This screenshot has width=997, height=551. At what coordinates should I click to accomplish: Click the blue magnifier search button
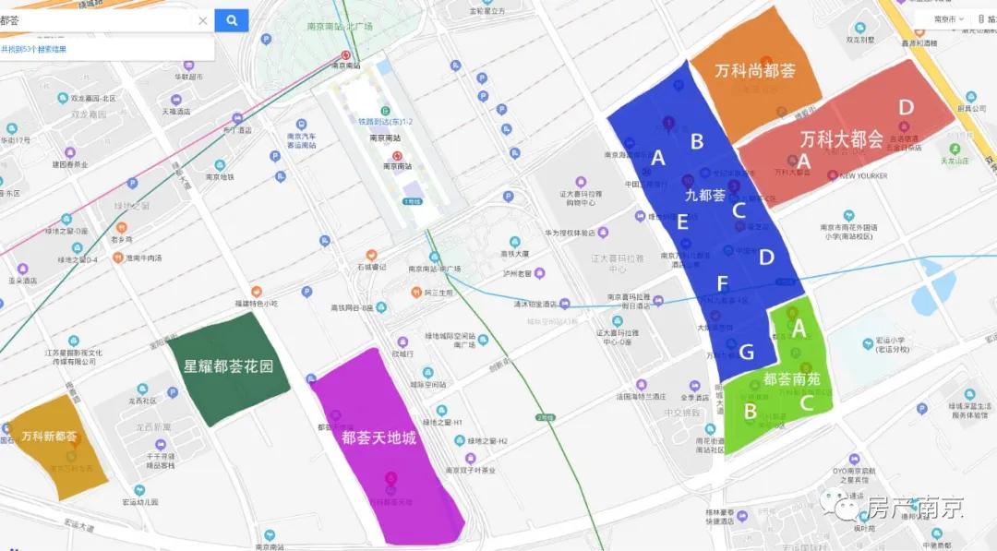(232, 20)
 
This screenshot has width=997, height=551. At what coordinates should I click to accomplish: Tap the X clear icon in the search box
(202, 20)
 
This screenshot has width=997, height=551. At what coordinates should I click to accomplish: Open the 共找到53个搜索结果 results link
(33, 49)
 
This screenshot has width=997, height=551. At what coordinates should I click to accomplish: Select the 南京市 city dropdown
(948, 18)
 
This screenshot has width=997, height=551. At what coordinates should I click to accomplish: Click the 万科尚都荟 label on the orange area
(754, 70)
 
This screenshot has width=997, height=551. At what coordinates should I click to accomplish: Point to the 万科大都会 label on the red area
(841, 139)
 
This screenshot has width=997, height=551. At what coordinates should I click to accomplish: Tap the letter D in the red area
(906, 108)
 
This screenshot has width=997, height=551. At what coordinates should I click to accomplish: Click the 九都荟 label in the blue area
(704, 195)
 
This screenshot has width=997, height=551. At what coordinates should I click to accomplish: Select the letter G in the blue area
(746, 352)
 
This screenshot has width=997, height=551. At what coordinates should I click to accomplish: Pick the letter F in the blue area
(722, 282)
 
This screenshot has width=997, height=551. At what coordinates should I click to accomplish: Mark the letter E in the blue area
(682, 222)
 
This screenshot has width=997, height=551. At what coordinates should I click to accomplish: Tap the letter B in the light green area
(751, 410)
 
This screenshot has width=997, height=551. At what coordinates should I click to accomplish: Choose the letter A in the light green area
(799, 328)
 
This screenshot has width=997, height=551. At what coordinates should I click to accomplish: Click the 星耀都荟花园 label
(228, 366)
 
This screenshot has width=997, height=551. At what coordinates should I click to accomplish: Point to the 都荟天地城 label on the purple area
(378, 437)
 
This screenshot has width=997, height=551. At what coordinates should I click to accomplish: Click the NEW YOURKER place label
(863, 176)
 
